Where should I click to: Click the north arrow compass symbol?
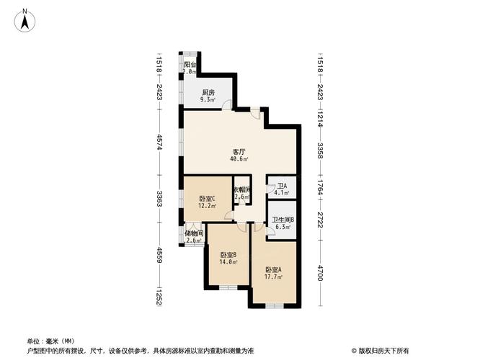click(x=25, y=19)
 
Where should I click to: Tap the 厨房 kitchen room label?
click(x=208, y=93)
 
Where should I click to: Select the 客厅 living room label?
click(x=239, y=152)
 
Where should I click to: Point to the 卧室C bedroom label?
click(x=208, y=199)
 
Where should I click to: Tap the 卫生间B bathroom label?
click(x=282, y=221)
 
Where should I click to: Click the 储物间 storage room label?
click(x=194, y=233)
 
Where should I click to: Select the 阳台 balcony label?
click(x=190, y=64)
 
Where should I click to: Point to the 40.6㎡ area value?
click(x=239, y=160)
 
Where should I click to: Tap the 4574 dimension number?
click(x=159, y=142)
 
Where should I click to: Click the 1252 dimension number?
click(x=159, y=297)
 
